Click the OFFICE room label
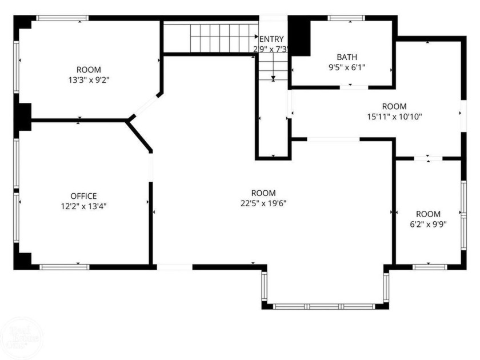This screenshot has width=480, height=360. [x=83, y=195]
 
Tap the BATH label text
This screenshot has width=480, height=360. [x=346, y=57]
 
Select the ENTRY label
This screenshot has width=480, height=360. [x=271, y=39]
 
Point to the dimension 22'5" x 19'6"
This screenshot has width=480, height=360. [x=263, y=203]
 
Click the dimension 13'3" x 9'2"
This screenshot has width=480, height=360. [x=89, y=80]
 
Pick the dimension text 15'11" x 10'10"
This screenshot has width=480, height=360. [x=394, y=116]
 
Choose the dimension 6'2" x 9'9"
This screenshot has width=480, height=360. [x=428, y=224]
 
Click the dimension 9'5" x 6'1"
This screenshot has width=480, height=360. [x=346, y=67]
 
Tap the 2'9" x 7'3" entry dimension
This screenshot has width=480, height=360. [x=270, y=49]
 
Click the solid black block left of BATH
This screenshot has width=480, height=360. [x=299, y=35]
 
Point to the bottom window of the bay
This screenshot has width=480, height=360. [x=325, y=306]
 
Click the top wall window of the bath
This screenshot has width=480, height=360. [x=347, y=18]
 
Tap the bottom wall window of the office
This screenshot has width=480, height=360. [x=64, y=266]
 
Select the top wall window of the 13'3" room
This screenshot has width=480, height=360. [x=63, y=18]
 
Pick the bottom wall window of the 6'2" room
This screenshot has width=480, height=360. [x=429, y=266]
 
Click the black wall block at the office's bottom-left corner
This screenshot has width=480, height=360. [x=23, y=260]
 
